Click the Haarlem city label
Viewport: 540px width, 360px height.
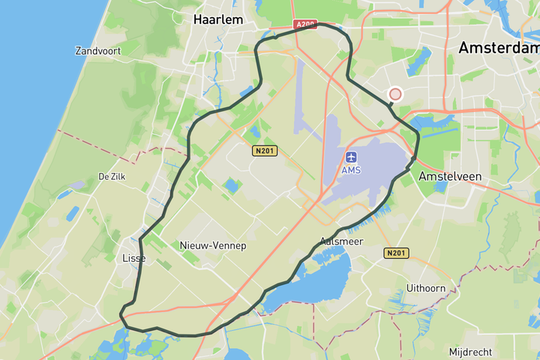218,19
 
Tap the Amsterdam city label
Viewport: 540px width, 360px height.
498,47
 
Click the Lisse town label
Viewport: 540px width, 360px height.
133,258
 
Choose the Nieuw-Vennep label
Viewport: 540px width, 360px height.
213,245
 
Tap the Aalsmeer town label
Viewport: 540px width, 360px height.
341,241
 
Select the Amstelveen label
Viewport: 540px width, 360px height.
450,175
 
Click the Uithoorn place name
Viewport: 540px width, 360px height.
426,288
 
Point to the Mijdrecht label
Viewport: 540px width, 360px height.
470,352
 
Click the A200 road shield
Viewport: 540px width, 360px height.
304,24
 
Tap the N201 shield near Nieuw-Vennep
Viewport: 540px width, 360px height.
265,151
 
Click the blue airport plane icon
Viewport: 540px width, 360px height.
351,157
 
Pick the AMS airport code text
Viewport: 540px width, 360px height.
351,170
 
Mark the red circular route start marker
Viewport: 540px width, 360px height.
395,94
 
